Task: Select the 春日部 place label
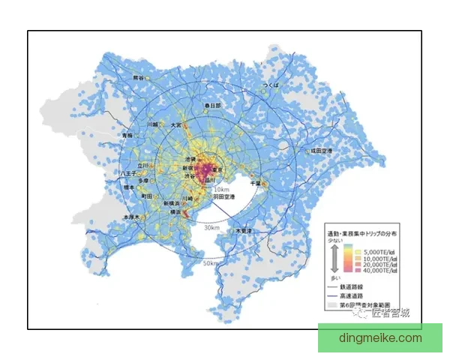coord(214,106)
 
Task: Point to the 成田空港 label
coord(324,151)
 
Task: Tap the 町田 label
coord(147,196)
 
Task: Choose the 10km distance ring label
coord(221,190)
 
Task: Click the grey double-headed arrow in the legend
coord(334,259)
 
